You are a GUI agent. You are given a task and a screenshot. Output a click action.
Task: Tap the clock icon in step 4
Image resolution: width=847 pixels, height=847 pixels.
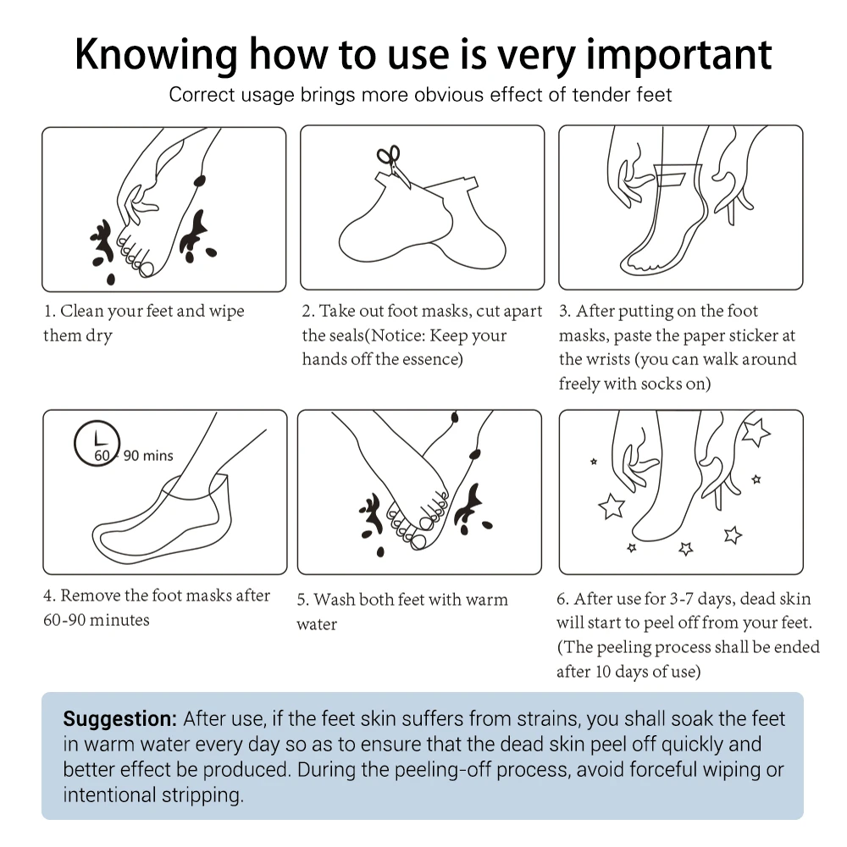tap(97, 444)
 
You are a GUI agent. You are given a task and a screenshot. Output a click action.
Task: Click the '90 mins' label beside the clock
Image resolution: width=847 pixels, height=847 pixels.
tap(148, 456)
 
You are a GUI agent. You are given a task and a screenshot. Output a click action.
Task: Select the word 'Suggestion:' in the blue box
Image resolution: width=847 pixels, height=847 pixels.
tap(120, 719)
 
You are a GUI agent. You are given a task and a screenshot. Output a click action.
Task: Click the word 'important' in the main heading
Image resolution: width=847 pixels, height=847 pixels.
tap(679, 54)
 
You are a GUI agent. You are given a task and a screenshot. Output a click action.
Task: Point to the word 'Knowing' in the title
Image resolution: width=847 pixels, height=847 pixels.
tap(156, 56)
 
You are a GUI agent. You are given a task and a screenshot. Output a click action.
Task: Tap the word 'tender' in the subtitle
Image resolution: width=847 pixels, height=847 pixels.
tap(601, 95)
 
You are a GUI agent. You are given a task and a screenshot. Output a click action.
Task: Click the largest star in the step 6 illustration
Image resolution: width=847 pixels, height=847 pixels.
tap(756, 433)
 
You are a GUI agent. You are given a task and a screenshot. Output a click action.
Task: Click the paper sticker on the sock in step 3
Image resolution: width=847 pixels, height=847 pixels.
tap(671, 178)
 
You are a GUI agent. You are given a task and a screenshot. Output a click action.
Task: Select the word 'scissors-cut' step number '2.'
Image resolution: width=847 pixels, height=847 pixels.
tap(308, 311)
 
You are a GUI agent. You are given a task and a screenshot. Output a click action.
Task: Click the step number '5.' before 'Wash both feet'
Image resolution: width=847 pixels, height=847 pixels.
tap(303, 601)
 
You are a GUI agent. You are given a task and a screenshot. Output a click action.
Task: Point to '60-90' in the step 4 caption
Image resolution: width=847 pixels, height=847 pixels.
tap(64, 620)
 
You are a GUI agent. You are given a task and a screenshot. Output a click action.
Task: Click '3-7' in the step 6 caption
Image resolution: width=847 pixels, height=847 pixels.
tap(681, 599)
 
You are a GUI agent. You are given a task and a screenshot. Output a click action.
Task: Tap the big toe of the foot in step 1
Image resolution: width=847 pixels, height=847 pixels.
tap(146, 268)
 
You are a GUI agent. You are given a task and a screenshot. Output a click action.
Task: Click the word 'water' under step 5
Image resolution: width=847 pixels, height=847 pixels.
tap(317, 625)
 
